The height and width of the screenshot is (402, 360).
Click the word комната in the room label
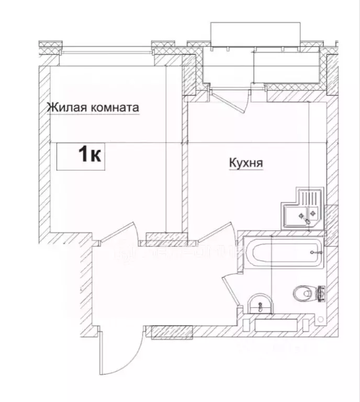[115, 108]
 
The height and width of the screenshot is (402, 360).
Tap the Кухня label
[245, 164]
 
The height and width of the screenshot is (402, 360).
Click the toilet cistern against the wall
[321, 293]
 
